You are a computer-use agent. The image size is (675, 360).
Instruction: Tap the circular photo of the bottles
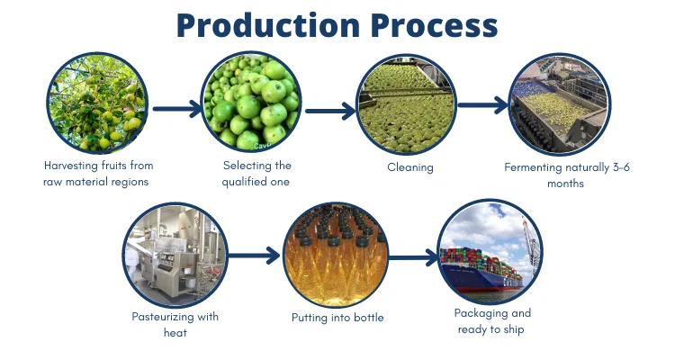tap(334, 254)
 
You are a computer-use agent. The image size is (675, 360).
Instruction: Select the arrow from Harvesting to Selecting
tap(175, 110)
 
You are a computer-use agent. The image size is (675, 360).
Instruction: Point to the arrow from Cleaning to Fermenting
tap(483, 105)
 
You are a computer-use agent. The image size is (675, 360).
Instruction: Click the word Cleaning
tap(410, 167)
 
